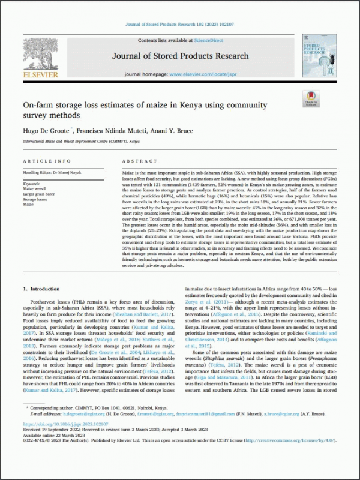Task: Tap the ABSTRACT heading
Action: coord(139,162)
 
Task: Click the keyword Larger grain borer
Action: coord(39,194)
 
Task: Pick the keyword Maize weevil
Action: coord(35,189)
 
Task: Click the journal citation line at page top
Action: coord(179,25)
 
